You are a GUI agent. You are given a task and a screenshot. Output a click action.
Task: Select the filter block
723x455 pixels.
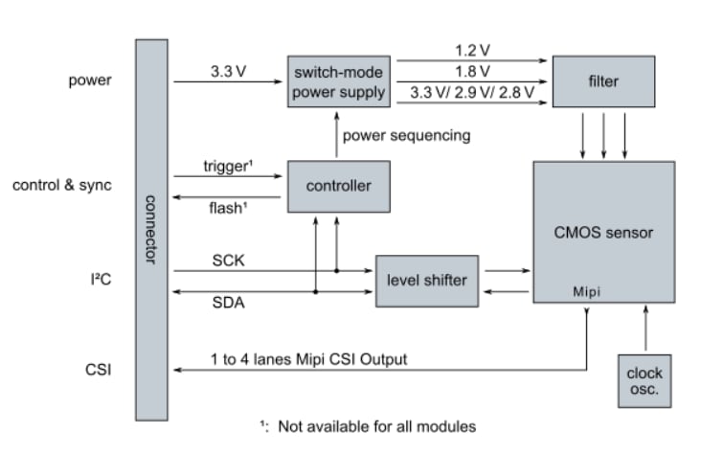[603, 81]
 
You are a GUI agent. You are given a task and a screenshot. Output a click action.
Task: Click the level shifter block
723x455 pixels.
[427, 280]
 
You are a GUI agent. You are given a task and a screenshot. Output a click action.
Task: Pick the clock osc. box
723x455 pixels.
[644, 380]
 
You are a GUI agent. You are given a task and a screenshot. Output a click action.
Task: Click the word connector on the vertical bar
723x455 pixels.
[149, 230]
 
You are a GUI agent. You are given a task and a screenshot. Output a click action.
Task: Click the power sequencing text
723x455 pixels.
[406, 135]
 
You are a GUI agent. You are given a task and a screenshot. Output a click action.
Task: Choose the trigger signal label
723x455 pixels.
[228, 166]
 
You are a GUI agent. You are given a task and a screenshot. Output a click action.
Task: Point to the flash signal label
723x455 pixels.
[228, 207]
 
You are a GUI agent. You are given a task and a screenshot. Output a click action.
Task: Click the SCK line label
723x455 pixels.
[227, 260]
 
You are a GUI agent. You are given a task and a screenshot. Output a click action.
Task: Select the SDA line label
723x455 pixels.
[227, 302]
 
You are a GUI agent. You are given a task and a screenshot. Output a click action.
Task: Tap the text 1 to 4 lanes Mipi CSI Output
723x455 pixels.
[308, 359]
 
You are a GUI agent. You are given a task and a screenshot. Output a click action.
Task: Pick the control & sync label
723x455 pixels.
[61, 184]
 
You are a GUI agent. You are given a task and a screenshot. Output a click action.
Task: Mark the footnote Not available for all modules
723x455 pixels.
[368, 425]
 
